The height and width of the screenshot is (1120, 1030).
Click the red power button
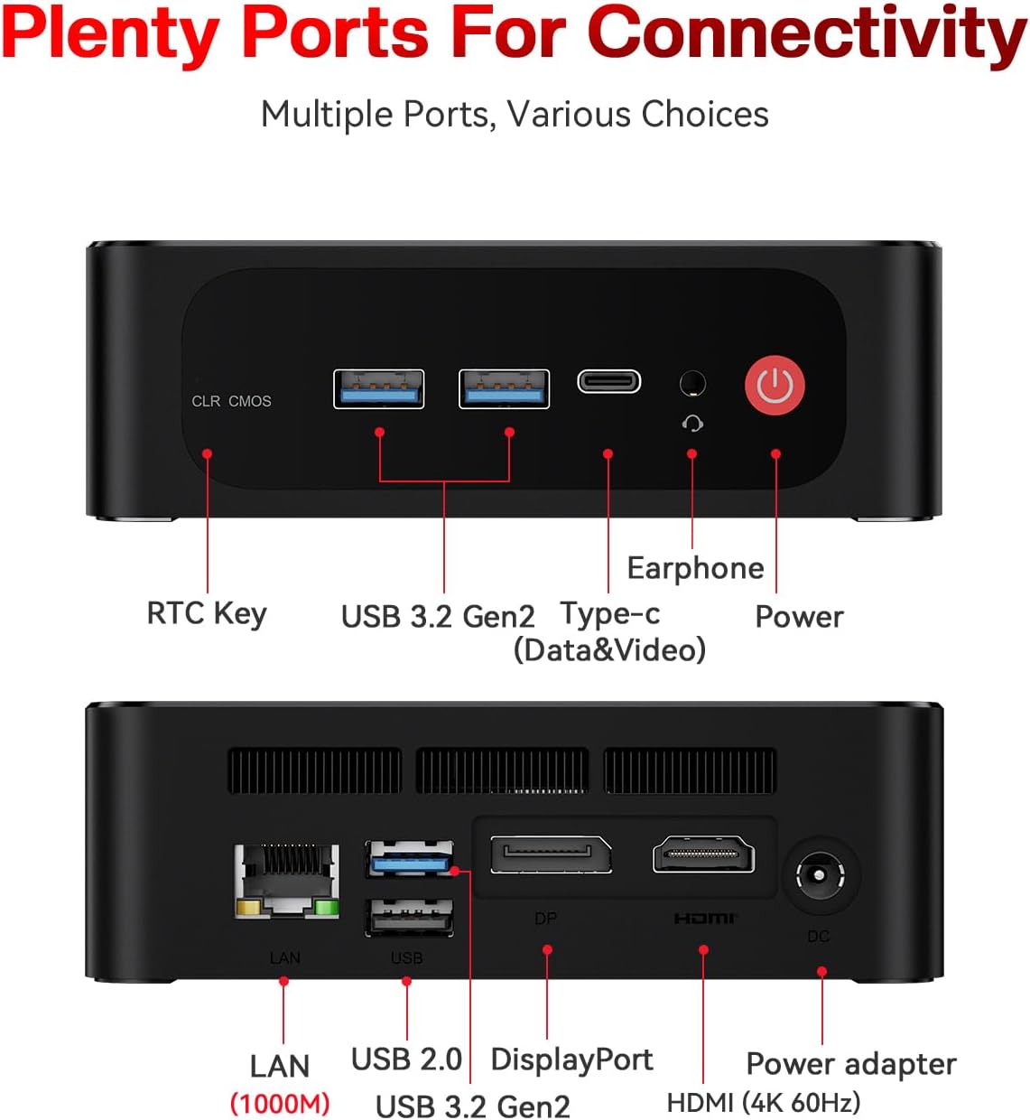coord(775,385)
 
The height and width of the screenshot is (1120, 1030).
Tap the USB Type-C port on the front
coord(608,381)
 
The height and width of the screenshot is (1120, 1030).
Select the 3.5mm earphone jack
coord(692,384)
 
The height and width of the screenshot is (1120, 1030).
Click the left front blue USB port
coord(378,389)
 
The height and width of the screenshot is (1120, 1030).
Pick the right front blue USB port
coord(504,389)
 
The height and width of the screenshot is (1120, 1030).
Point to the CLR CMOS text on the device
coord(231,401)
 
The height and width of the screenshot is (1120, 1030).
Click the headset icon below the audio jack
coord(692,424)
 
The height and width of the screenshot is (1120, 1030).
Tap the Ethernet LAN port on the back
coord(286,881)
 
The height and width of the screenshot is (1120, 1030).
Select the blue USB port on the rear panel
coord(409,858)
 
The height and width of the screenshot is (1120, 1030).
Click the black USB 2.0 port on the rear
coord(409,918)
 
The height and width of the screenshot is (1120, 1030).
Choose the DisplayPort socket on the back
coord(551,854)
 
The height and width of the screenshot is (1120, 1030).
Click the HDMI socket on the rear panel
coord(703,854)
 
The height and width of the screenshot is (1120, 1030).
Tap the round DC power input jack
coord(819,874)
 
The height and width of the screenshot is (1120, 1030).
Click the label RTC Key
coord(207,613)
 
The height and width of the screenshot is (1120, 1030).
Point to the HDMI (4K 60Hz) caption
coord(764,1103)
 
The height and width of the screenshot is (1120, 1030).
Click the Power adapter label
coord(851,1064)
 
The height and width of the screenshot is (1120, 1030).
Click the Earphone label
coord(696,568)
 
